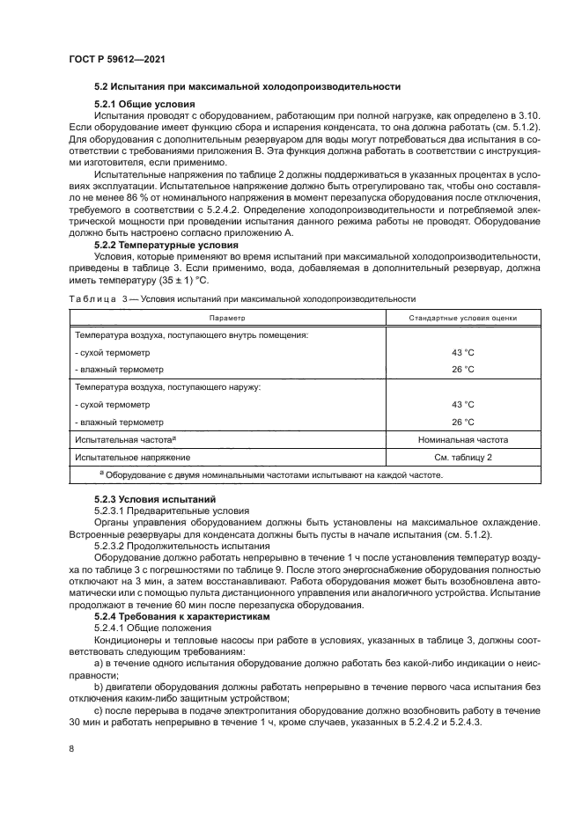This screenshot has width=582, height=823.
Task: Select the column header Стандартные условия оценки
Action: [462, 318]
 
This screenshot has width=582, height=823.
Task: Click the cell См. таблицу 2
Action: [462, 458]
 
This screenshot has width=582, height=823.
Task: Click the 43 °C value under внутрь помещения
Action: [462, 353]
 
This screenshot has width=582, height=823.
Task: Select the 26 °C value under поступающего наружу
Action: [462, 422]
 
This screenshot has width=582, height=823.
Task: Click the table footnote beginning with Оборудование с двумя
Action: [273, 475]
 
